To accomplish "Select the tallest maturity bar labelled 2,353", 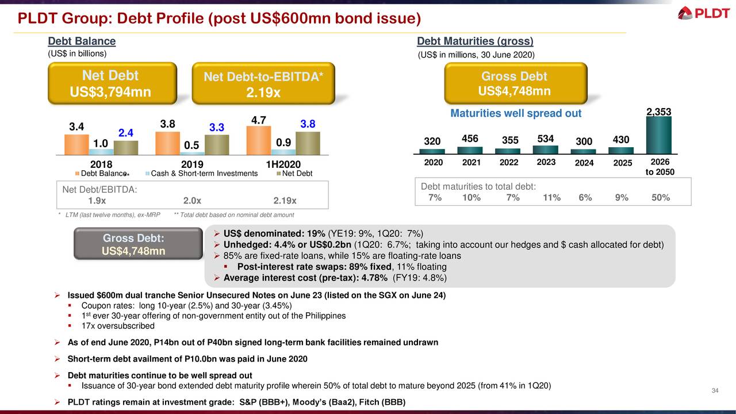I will pyautogui.click(x=659, y=136).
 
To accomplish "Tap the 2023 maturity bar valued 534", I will pyautogui.click(x=545, y=149).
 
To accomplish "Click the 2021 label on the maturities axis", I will pyautogui.click(x=471, y=163).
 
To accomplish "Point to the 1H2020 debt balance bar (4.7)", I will pyautogui.click(x=258, y=140).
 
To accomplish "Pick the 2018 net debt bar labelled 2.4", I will pyautogui.click(x=125, y=148).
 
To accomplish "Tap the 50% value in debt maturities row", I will pyautogui.click(x=661, y=198).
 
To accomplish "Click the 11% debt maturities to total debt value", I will pyautogui.click(x=551, y=198).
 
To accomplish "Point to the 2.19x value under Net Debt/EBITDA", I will pyautogui.click(x=285, y=201).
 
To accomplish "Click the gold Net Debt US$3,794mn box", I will pyautogui.click(x=110, y=84).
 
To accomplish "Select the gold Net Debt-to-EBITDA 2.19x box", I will pyautogui.click(x=262, y=84).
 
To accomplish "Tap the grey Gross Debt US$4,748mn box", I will pyautogui.click(x=133, y=245).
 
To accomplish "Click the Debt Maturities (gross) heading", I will pyautogui.click(x=475, y=41).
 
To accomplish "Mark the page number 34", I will pyautogui.click(x=715, y=392).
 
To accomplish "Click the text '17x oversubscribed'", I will pyautogui.click(x=118, y=326).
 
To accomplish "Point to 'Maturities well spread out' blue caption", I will pyautogui.click(x=516, y=113).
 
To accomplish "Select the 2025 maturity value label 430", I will pyautogui.click(x=621, y=140).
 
